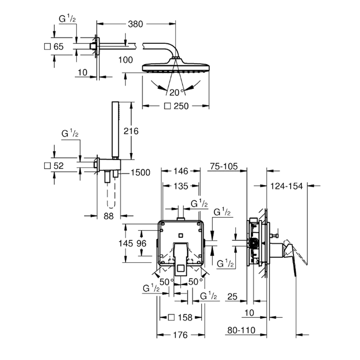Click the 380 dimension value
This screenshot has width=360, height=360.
click(x=135, y=24)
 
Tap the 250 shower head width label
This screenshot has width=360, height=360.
click(x=181, y=106)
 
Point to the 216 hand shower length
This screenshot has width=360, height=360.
click(x=131, y=131)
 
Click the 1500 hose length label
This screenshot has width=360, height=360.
click(x=140, y=172)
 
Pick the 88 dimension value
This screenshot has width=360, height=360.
click(x=108, y=216)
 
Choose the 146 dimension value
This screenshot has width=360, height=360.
click(x=181, y=171)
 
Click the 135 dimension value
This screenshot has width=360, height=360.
click(x=181, y=186)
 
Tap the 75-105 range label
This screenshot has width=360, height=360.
click(x=224, y=166)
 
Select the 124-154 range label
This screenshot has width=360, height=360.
click(x=287, y=186)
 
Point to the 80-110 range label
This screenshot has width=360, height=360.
click(x=241, y=330)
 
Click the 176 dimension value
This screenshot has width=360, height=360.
click(x=180, y=335)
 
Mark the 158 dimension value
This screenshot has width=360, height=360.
click(x=185, y=318)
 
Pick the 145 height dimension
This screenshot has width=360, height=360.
click(x=126, y=243)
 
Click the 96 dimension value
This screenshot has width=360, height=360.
click(x=141, y=243)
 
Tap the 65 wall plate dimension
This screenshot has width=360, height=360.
click(x=58, y=47)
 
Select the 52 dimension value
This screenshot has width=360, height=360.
click(x=58, y=166)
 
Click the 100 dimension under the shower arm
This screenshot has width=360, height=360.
click(x=126, y=60)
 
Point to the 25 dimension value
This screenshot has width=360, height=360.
click(x=232, y=297)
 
